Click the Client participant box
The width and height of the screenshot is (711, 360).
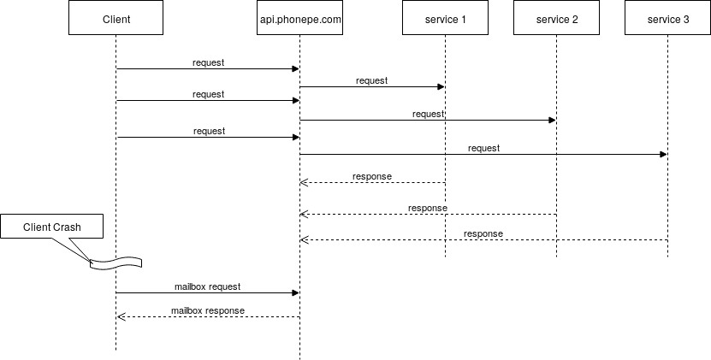click(116, 18)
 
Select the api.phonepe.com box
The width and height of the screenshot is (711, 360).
click(299, 18)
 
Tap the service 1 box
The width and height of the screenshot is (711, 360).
click(445, 18)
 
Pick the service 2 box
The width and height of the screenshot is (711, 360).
click(557, 18)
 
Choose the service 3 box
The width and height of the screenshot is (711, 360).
click(668, 18)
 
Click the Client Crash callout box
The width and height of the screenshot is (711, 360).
click(51, 227)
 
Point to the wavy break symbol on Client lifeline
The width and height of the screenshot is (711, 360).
click(116, 263)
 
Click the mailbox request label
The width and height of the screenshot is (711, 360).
click(208, 286)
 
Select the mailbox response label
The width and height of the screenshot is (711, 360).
click(208, 310)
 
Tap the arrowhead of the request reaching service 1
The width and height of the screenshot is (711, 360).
click(441, 86)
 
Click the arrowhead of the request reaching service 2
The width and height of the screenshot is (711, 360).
click(553, 121)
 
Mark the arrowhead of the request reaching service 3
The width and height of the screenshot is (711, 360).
click(663, 154)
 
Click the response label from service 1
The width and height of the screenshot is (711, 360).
click(372, 176)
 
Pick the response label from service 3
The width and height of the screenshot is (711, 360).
click(483, 233)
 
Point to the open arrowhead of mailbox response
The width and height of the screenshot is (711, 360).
click(121, 316)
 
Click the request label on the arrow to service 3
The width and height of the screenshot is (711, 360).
click(483, 148)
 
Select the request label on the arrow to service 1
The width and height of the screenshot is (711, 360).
click(372, 80)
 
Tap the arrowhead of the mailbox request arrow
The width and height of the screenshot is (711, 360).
click(295, 293)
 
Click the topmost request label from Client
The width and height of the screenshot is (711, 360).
click(208, 62)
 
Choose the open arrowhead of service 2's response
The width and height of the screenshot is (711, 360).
click(304, 214)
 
